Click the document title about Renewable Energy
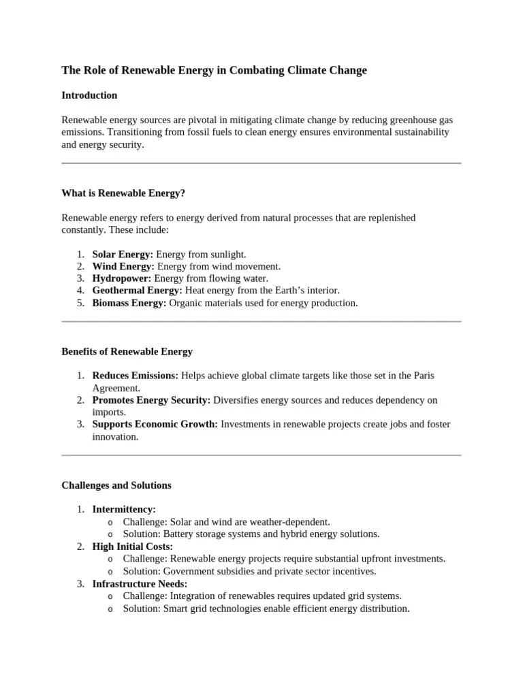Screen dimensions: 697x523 coord(214,70)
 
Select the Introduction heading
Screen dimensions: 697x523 coord(89,95)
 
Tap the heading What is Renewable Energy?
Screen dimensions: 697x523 coord(123,193)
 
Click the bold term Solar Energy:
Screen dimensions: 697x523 coord(123,255)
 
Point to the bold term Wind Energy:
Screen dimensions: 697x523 coord(123,267)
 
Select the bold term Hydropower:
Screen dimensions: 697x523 coord(122,278)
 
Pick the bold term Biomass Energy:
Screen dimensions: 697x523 coord(129,303)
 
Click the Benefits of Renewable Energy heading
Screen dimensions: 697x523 coord(127,352)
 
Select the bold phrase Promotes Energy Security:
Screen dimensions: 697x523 coord(151,400)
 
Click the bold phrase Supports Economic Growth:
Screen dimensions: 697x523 coord(155,425)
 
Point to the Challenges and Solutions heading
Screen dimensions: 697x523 coord(116,485)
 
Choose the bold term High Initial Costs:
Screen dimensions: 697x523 coord(132,547)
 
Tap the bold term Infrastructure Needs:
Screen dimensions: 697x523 coord(140,584)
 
